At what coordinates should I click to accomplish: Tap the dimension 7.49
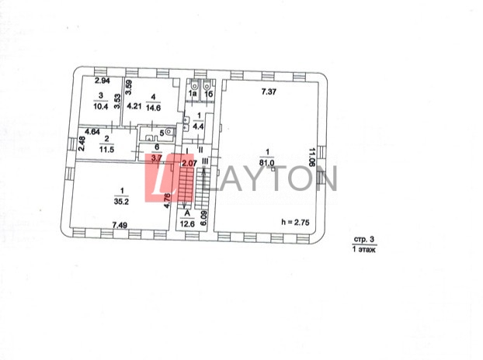point(119,225)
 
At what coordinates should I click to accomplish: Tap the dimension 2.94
point(103,81)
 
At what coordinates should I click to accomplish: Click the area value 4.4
point(198,126)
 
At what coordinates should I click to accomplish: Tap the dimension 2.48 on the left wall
point(82,144)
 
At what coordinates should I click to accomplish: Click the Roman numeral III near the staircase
point(204,161)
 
